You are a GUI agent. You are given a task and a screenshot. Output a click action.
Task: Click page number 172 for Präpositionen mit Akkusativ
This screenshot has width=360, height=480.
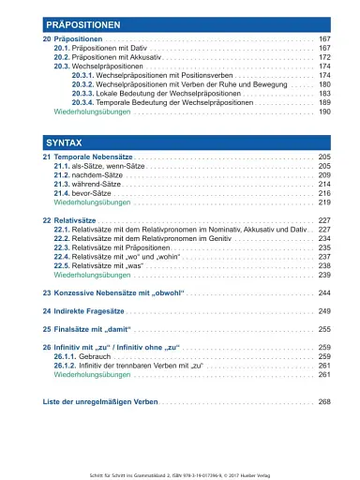[325, 57]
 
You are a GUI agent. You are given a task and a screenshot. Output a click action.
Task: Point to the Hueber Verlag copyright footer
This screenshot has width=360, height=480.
[180, 466]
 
